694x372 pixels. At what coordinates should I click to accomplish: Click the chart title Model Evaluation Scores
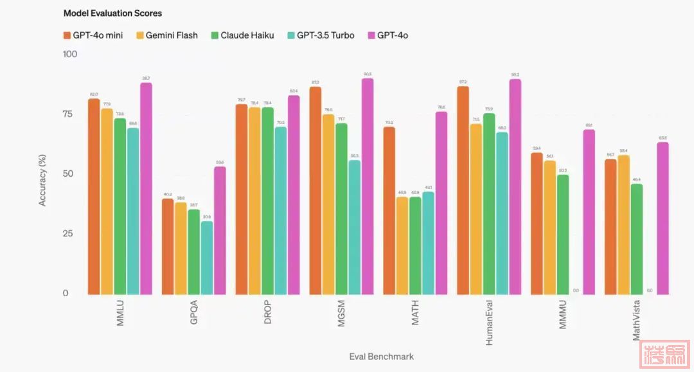tap(112, 13)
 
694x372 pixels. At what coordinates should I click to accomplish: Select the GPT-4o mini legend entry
tap(93, 35)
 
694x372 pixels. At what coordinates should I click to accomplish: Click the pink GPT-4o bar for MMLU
tap(147, 188)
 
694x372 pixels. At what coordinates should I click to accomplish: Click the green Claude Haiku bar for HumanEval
tap(490, 204)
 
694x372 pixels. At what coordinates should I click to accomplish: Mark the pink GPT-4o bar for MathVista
tap(663, 218)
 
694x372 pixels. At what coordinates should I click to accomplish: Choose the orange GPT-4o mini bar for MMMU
tap(537, 224)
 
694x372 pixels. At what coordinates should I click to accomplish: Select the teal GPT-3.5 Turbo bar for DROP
tap(281, 211)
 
